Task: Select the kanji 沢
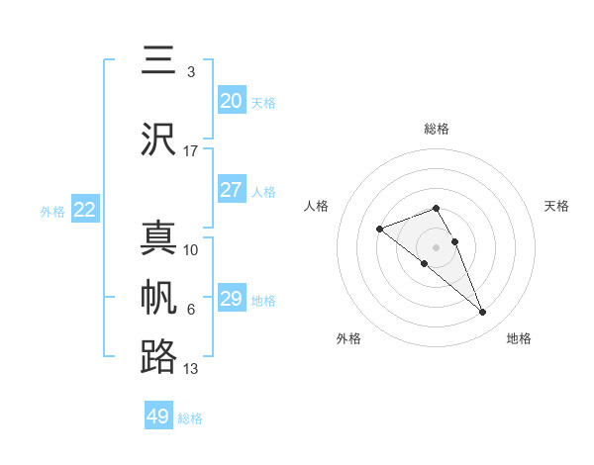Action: tap(158, 139)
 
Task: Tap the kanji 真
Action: tap(158, 237)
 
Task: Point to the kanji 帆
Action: tap(158, 298)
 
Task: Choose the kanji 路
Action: tap(158, 357)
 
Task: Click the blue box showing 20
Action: tap(231, 101)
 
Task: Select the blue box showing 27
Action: tap(231, 190)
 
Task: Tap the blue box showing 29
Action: tap(231, 299)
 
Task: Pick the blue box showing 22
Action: tap(85, 209)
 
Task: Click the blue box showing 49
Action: tap(158, 417)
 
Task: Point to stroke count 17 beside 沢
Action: tap(190, 151)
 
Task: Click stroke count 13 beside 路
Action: tap(190, 369)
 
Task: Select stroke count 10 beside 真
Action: tap(190, 249)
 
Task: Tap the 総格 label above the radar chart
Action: tap(436, 129)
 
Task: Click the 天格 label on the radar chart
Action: tap(556, 206)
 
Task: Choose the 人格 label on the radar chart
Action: tap(316, 206)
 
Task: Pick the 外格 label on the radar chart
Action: tap(348, 338)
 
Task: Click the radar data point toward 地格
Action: tap(483, 313)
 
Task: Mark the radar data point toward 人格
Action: tap(379, 230)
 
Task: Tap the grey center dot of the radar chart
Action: tap(436, 246)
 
